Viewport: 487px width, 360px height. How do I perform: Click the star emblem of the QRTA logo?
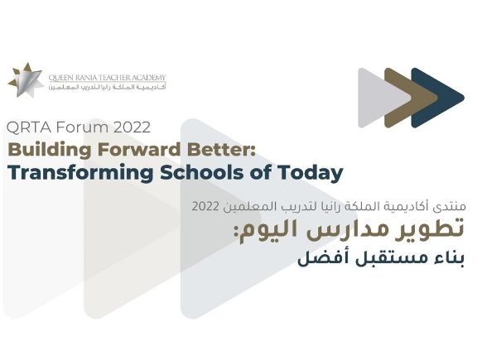pos(27,80)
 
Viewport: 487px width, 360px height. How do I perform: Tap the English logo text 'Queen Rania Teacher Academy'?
pos(106,78)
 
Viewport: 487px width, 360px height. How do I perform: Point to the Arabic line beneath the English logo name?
pos(106,87)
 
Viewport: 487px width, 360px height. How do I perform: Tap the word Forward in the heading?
pos(137,150)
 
